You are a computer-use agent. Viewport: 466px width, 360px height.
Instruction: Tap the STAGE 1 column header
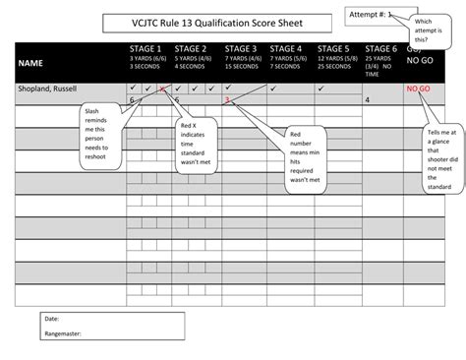click(x=146, y=48)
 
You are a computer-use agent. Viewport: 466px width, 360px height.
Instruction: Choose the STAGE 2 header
click(x=191, y=48)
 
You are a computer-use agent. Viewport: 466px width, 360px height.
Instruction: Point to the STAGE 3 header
click(x=241, y=48)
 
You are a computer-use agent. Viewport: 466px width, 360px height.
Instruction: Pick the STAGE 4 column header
click(x=286, y=48)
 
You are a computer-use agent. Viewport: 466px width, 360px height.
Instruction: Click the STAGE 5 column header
click(x=333, y=48)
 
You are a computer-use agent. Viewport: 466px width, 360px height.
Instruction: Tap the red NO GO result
click(x=420, y=89)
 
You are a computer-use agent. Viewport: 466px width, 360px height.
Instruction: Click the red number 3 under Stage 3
click(x=227, y=100)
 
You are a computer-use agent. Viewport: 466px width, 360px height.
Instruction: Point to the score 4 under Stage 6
click(x=367, y=100)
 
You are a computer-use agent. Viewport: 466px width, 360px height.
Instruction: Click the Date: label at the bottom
click(x=51, y=320)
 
